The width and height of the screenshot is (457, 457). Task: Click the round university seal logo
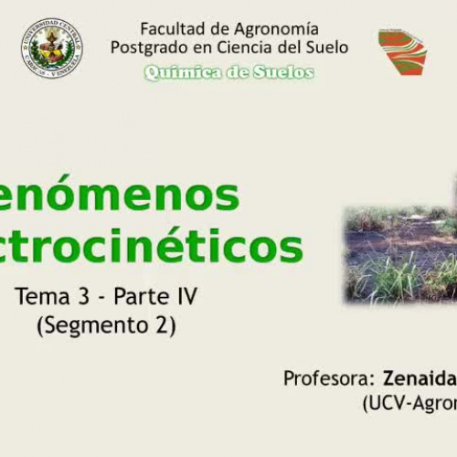(x=51, y=48)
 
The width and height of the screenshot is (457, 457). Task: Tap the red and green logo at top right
(x=402, y=51)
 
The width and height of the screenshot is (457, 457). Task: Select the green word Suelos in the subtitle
(x=282, y=73)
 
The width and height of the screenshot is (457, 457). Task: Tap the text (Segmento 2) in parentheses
(x=106, y=324)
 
